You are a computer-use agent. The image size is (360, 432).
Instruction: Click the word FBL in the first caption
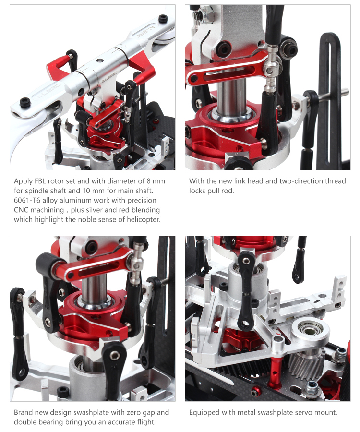click(40, 181)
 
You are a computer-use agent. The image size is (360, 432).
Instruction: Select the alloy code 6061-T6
click(27, 200)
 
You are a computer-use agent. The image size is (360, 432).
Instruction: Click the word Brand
click(22, 412)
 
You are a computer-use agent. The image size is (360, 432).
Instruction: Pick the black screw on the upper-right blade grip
click(163, 19)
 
